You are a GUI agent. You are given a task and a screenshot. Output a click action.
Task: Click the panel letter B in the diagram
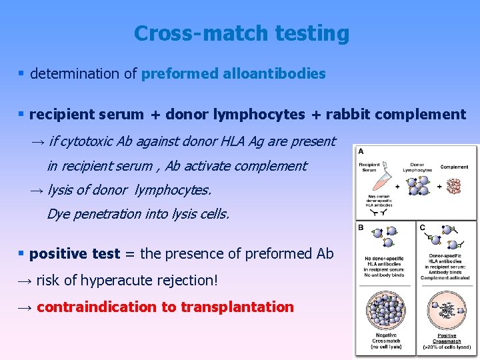pos(361,227)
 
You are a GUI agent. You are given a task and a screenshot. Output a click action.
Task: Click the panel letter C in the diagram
pos(422,227)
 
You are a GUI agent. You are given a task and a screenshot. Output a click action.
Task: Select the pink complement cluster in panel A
pos(456,185)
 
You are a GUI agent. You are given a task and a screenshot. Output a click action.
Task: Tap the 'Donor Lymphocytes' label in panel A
pos(417,167)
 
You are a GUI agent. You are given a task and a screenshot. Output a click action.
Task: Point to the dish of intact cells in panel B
pos(387,310)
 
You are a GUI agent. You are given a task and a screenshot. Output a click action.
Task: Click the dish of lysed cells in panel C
pos(447,310)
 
